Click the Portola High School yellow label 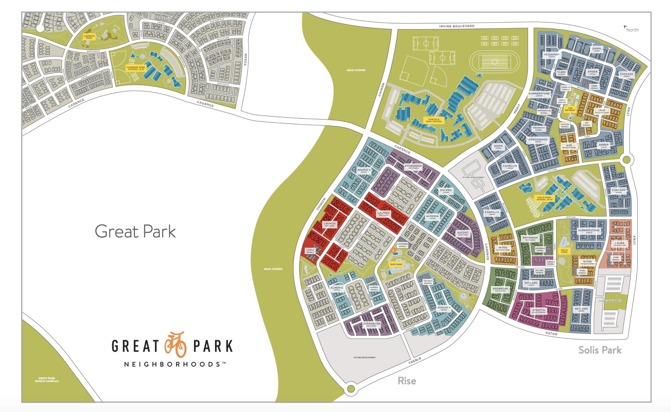tap(434, 120)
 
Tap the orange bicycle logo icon tap(176, 345)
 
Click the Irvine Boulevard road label tap(457, 26)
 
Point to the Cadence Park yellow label tap(89, 37)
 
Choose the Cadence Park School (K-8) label tap(136, 68)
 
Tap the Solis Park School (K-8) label tap(544, 198)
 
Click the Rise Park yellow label tap(396, 264)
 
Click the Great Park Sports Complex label tap(47, 380)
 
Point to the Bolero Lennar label tap(446, 191)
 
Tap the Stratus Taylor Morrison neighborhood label tap(538, 311)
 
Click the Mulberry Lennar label tap(552, 55)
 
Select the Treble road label tap(415, 361)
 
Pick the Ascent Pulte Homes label tap(463, 233)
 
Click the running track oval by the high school tap(495, 62)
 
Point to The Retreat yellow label tap(570, 109)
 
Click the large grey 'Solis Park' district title tap(600, 350)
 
